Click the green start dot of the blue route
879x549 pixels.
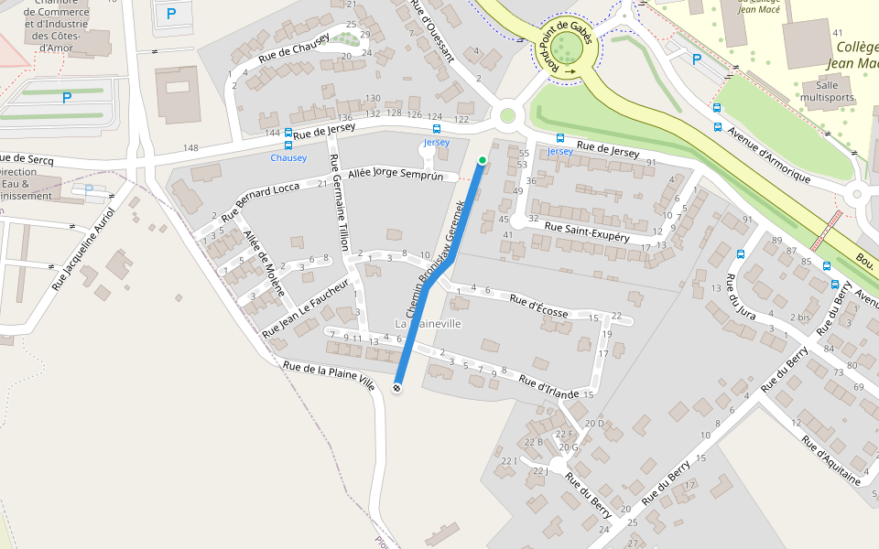[483, 161]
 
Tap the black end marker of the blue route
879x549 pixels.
[397, 388]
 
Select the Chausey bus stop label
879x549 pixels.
[288, 157]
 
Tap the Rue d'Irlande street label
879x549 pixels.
[548, 387]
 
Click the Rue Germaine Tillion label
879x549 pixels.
[339, 210]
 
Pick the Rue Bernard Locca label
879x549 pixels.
[261, 200]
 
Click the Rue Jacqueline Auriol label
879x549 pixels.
[83, 249]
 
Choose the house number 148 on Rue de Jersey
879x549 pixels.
[190, 148]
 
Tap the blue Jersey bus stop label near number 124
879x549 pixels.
[437, 143]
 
